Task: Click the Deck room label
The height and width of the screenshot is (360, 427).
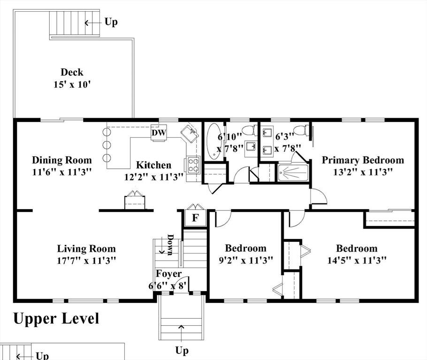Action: point(72,72)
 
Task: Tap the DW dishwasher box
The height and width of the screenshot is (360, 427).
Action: point(159,133)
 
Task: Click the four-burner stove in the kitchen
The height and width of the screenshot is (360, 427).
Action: point(194,165)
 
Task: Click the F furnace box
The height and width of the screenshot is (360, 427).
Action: point(195,217)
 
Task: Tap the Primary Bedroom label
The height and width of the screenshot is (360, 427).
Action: point(363,160)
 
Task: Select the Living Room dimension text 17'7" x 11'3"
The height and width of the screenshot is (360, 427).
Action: point(86,261)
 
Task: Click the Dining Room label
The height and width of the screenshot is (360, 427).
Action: point(62,160)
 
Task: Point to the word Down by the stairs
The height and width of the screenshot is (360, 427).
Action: point(170,245)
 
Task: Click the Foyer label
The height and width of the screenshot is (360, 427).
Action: point(168,274)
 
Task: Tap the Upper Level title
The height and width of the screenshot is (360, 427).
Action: point(56,318)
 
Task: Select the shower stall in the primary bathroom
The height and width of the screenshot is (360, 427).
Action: point(293,173)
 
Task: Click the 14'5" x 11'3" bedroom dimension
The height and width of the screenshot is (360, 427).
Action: point(357,261)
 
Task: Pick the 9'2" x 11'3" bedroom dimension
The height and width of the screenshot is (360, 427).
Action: point(246,261)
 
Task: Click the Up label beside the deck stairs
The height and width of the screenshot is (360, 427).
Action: point(111,22)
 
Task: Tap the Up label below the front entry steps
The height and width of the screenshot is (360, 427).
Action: point(182,350)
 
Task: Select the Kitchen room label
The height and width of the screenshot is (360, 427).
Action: point(153,165)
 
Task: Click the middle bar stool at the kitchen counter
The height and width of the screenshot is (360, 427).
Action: point(107,145)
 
